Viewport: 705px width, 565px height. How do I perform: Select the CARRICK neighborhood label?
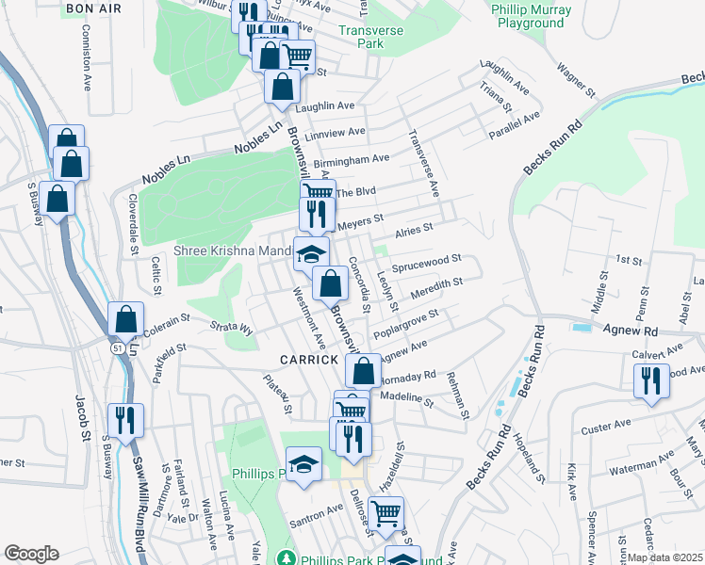click(x=308, y=360)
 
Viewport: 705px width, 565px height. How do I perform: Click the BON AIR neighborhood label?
click(x=93, y=8)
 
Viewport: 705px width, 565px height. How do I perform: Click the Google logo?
click(x=31, y=554)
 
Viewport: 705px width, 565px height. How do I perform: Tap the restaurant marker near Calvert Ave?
click(x=650, y=380)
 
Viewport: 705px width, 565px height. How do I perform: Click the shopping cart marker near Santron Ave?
click(x=385, y=513)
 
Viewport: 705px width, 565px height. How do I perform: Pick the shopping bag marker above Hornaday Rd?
click(x=362, y=370)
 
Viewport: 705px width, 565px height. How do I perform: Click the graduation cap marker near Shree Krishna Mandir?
click(x=311, y=253)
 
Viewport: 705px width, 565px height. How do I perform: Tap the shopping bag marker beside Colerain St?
click(x=125, y=319)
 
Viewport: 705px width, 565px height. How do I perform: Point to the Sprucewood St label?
click(x=426, y=260)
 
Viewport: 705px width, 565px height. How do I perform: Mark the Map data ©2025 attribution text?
click(x=665, y=557)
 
